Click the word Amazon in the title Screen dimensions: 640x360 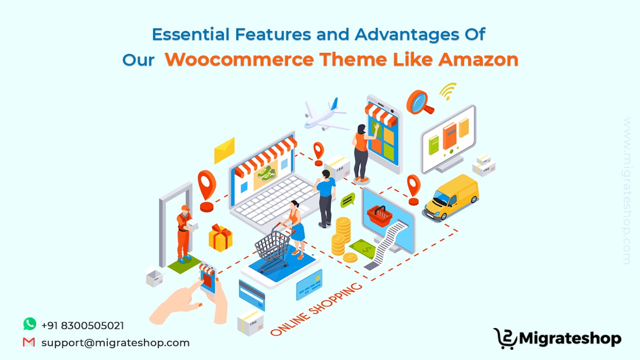478,59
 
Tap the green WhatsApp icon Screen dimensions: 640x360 30,324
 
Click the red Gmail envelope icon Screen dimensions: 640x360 29,342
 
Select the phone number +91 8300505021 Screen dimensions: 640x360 83,326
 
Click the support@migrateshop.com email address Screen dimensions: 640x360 115,343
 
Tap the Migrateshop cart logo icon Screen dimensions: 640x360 505,339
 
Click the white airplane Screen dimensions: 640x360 326,115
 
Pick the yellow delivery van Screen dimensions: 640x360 451,198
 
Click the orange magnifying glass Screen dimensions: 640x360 419,102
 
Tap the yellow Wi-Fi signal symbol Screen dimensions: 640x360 448,91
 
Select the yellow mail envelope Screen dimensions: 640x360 225,150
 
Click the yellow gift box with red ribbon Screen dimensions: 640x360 220,238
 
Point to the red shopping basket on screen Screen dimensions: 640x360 380,216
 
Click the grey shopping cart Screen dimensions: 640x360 272,247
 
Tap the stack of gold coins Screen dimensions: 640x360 343,237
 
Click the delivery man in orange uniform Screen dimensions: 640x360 184,234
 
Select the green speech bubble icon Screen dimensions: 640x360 348,200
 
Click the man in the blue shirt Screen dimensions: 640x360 325,198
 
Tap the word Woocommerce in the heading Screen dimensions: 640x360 239,59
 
